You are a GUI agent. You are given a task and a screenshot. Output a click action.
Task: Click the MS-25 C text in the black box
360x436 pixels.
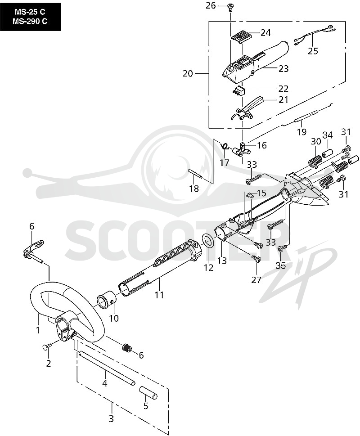tap(30, 12)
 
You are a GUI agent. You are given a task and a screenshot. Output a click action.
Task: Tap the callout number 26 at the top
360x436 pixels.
tap(211, 5)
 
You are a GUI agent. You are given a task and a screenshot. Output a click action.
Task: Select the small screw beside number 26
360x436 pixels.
tap(230, 7)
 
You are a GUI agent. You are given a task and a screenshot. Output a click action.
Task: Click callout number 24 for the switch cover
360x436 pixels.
tap(265, 33)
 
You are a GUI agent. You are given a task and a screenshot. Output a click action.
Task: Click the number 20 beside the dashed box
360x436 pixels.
tap(188, 73)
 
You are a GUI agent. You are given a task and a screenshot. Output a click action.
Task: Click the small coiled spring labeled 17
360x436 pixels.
tap(225, 146)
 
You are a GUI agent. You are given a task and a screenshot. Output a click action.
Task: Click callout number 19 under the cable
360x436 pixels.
tap(301, 131)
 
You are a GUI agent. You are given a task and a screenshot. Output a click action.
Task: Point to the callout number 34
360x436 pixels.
tap(328, 135)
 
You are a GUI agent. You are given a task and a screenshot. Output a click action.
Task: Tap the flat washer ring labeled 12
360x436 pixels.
tap(207, 241)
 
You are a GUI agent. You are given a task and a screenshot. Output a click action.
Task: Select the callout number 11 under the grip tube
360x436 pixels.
tap(159, 294)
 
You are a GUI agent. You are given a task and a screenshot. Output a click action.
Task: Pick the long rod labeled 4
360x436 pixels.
tap(107, 368)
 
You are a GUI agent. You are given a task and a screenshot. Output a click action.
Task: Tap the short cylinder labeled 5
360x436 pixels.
tap(148, 392)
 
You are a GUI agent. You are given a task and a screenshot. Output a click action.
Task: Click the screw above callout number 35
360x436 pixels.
tap(281, 248)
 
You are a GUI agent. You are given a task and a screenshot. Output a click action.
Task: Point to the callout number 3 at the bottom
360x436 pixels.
tap(111, 419)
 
